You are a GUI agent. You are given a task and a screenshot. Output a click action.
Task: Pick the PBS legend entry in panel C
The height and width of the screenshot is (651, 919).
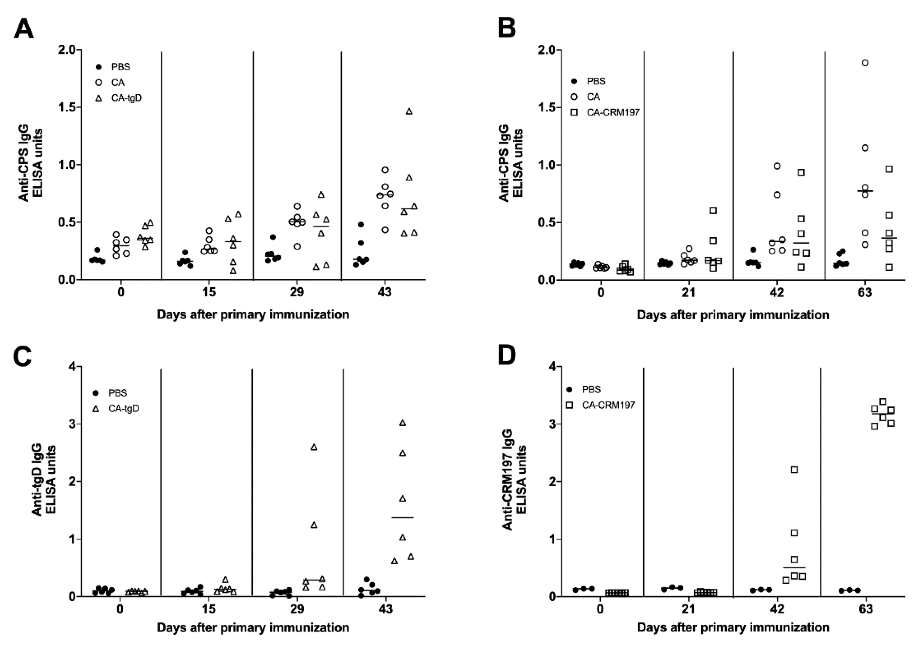click(x=110, y=393)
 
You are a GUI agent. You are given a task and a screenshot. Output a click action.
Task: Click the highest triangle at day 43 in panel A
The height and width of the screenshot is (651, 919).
click(x=408, y=111)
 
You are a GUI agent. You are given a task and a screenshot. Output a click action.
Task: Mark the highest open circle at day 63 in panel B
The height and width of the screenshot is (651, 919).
click(x=865, y=63)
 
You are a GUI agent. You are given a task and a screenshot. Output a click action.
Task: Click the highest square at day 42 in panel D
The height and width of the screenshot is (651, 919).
click(x=794, y=469)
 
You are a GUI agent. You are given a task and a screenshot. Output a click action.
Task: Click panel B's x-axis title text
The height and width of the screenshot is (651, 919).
click(x=733, y=315)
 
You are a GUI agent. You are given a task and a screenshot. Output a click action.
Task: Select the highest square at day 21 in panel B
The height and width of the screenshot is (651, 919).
click(x=713, y=211)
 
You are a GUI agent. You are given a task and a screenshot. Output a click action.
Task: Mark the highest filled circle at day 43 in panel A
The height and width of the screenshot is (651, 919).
click(x=361, y=224)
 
